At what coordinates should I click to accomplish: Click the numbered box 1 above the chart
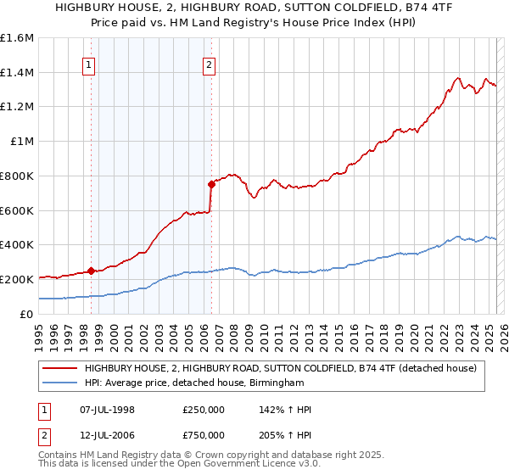pos(89,62)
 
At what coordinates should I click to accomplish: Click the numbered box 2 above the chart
pos(209,62)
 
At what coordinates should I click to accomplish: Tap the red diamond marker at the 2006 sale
pos(211,184)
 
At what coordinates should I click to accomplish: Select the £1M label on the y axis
pos(21,142)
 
